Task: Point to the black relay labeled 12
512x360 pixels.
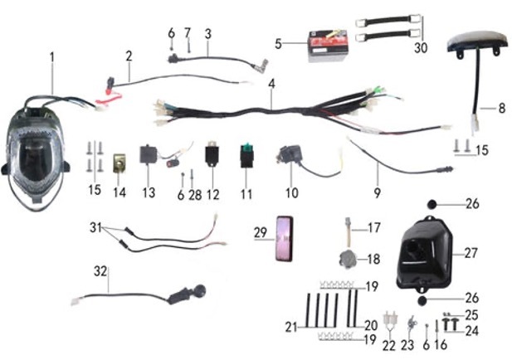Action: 212,158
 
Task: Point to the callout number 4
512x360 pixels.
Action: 271,85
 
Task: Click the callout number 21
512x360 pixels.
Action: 290,328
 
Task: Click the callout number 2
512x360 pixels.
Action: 129,56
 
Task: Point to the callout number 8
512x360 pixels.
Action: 500,107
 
